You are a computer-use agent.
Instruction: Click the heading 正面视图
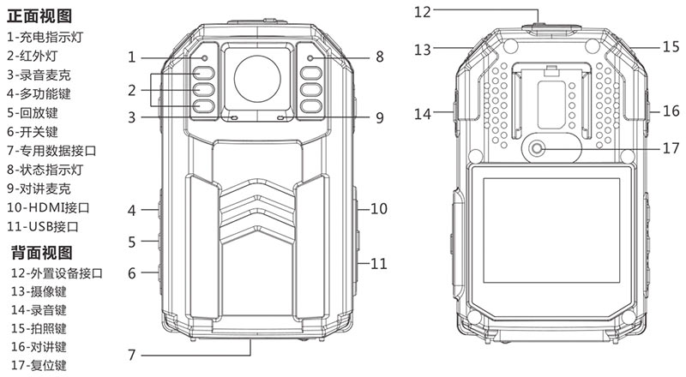tap(39, 15)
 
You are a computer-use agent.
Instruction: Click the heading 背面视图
tap(42, 253)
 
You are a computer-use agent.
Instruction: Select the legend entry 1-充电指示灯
tap(45, 37)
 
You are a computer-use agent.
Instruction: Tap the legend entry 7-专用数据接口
tap(51, 151)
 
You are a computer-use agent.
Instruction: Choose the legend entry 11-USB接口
tap(43, 226)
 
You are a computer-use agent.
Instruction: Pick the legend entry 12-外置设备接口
tap(57, 273)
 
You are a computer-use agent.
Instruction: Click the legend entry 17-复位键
tap(39, 365)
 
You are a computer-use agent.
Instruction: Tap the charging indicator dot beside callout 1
tap(204, 58)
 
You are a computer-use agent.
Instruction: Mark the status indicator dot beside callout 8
tap(310, 58)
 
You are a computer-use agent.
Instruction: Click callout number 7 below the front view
tap(132, 354)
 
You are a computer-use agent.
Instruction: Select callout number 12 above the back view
tap(423, 12)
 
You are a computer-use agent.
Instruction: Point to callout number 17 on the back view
tap(671, 148)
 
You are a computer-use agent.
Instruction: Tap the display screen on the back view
tap(551, 230)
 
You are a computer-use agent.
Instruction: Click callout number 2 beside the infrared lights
tap(132, 90)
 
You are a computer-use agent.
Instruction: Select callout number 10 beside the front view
tap(379, 208)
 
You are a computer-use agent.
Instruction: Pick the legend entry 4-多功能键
tap(39, 93)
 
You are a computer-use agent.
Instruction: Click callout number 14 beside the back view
tap(423, 114)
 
